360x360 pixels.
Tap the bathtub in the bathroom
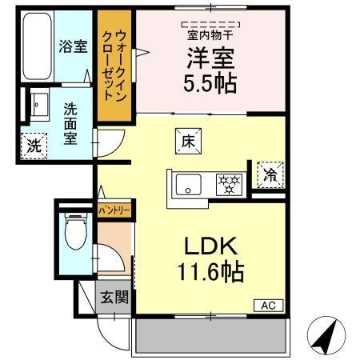coord(34,49)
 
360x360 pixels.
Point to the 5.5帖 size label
coord(211,83)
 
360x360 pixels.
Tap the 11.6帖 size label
coord(211,273)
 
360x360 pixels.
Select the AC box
coord(268,305)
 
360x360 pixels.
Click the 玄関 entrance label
coord(113,298)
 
